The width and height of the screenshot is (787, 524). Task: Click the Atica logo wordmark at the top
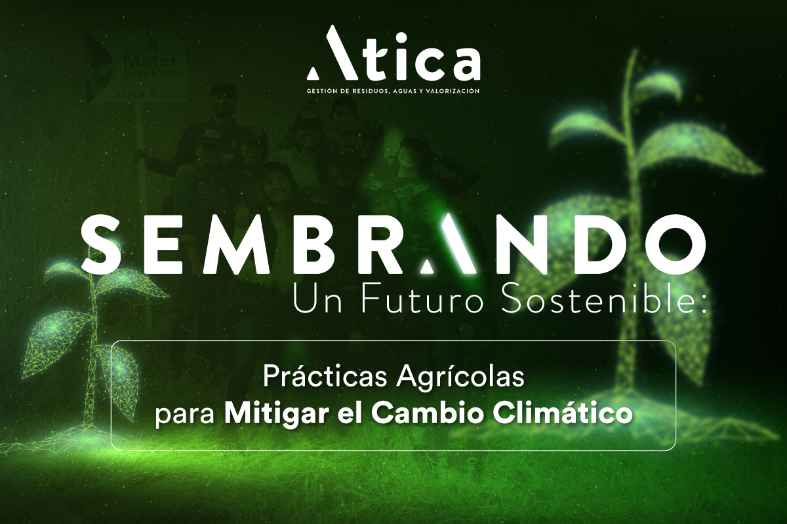[393, 54]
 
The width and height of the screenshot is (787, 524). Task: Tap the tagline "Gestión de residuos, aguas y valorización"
[393, 91]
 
